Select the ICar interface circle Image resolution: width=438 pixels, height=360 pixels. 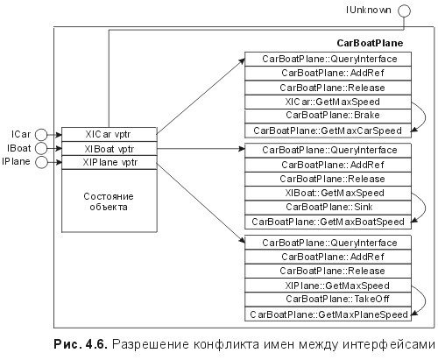click(39, 135)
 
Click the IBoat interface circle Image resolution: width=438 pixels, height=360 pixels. click(39, 148)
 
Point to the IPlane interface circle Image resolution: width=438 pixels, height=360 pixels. click(39, 161)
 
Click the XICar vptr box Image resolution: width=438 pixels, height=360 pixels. click(109, 135)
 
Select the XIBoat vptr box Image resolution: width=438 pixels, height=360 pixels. click(109, 149)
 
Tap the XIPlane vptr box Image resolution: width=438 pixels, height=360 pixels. click(109, 162)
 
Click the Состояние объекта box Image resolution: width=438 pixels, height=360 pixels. click(109, 202)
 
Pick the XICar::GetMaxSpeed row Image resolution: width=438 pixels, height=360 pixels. click(330, 102)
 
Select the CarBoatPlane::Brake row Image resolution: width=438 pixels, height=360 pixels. click(330, 115)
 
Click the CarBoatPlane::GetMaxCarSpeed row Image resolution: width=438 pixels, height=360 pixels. click(330, 130)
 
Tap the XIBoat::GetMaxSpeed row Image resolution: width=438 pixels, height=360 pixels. click(330, 194)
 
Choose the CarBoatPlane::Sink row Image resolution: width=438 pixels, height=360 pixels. click(330, 207)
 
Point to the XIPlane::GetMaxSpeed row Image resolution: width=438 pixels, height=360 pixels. click(330, 286)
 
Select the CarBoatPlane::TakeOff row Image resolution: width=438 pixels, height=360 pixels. click(330, 299)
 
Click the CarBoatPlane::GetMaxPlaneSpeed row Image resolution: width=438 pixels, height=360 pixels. click(330, 313)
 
